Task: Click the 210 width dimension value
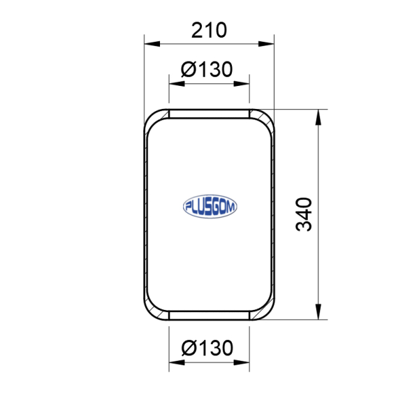(209, 30)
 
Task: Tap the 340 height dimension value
(304, 214)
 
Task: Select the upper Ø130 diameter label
(207, 69)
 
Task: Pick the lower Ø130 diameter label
(207, 348)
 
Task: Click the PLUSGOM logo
(209, 206)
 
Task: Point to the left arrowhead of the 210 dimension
(152, 44)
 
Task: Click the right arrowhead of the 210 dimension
(266, 44)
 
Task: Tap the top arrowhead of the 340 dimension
(318, 117)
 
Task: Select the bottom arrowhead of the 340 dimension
(318, 311)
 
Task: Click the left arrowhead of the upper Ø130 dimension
(177, 84)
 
